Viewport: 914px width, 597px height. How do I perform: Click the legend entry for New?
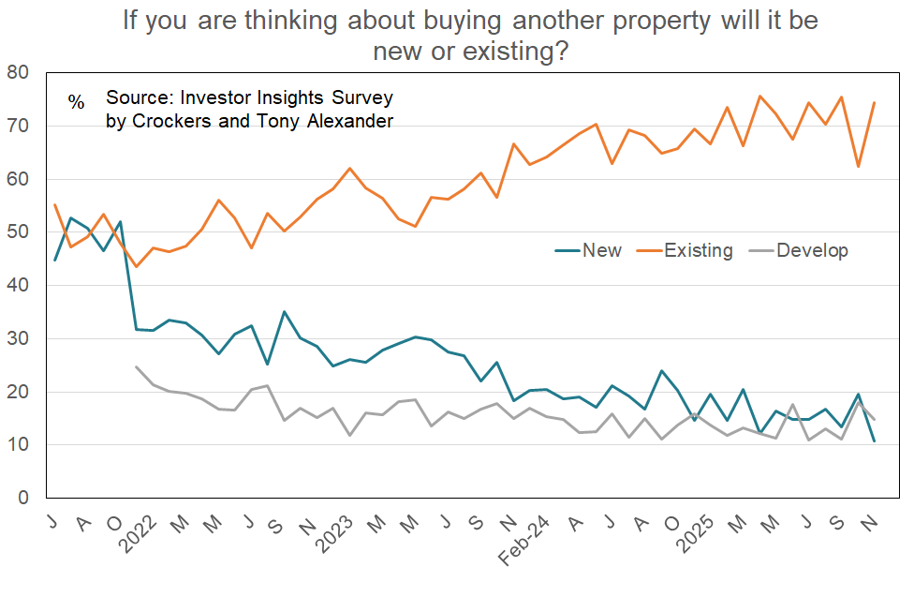601,250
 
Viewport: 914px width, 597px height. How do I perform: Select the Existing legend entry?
699,250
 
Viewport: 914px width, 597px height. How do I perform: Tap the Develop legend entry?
812,250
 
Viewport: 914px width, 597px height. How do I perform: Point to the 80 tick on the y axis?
18,72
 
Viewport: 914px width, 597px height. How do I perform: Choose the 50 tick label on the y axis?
18,232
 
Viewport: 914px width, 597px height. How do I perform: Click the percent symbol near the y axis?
76,101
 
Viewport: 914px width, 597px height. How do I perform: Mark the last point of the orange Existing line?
874,103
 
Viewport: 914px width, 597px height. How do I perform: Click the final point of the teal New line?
874,441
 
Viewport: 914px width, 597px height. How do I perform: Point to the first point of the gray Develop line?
137,366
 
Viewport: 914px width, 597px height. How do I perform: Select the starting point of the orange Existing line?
54,204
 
